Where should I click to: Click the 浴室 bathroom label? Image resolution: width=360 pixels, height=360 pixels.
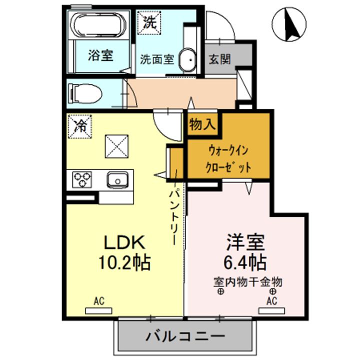point(100,55)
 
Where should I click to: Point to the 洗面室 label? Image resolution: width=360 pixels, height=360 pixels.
point(156,59)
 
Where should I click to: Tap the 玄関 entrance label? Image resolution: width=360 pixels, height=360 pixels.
point(219,59)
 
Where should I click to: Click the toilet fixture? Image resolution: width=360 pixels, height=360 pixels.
point(86,92)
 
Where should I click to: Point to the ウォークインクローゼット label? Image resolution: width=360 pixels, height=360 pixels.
point(227,159)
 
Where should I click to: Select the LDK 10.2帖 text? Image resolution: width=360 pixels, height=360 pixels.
point(124,252)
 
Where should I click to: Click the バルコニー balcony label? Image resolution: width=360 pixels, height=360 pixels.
point(185,336)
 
